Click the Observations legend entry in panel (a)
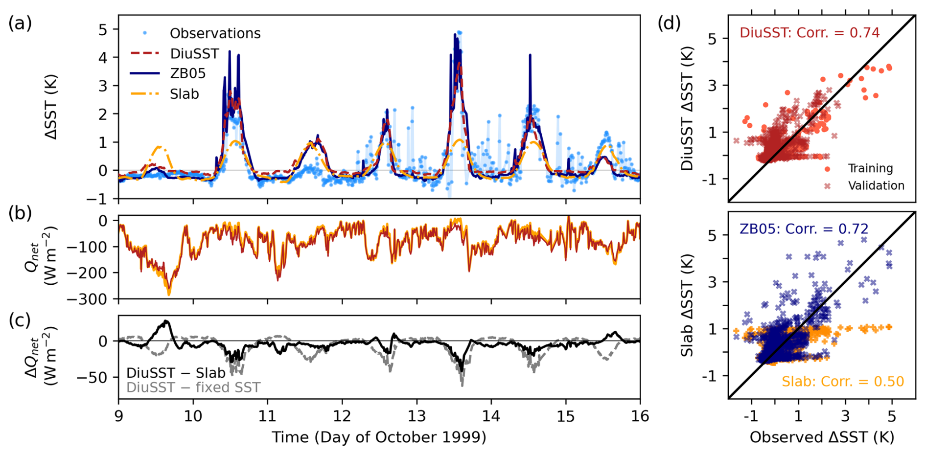point(215,33)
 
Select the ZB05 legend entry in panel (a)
point(187,73)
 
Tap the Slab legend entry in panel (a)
point(184,94)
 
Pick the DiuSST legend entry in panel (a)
point(194,53)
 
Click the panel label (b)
point(20,213)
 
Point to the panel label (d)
point(669,23)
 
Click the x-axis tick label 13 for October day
point(417,416)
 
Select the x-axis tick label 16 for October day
point(640,416)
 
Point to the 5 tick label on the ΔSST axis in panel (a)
point(102,29)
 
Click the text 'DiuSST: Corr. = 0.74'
point(810,33)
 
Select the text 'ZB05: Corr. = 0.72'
point(804,228)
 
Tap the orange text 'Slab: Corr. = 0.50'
point(842,382)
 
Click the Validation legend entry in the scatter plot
point(876,186)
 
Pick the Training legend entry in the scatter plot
point(870,168)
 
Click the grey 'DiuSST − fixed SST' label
point(193,387)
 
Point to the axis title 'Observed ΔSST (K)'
point(822,437)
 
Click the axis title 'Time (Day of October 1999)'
point(379,437)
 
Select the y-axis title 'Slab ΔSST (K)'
point(688,305)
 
